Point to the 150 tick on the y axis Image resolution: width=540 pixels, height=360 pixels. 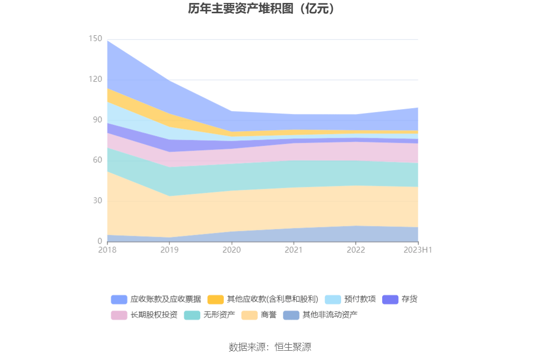tap(96, 39)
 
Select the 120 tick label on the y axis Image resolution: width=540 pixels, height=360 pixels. tap(96, 79)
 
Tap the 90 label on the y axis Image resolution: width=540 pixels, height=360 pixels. tap(97, 120)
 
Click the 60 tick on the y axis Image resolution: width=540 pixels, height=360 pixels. tap(97, 160)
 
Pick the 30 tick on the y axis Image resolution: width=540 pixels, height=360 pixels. tap(97, 201)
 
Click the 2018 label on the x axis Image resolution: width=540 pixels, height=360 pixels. tap(108, 250)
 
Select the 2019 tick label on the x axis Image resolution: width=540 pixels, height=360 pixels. tap(170, 250)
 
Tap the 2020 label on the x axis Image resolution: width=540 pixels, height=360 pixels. tap(232, 250)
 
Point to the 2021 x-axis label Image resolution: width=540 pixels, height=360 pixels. tap(294, 250)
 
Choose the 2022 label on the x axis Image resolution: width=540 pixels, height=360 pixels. tap(356, 250)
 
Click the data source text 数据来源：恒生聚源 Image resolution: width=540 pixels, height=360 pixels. tap(270, 347)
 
